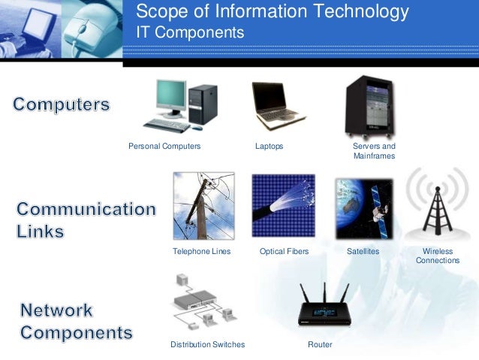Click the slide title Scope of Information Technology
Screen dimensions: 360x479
click(x=272, y=12)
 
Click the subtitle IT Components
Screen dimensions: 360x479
click(x=190, y=33)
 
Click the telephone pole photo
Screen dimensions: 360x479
click(x=203, y=205)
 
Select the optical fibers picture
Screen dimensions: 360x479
click(x=282, y=206)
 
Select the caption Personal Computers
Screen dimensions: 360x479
click(x=164, y=146)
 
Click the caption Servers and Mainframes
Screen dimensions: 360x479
click(x=373, y=150)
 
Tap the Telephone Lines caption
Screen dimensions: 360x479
click(x=201, y=251)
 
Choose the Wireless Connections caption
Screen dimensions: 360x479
click(x=437, y=256)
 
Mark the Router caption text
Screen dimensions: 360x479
click(x=320, y=344)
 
